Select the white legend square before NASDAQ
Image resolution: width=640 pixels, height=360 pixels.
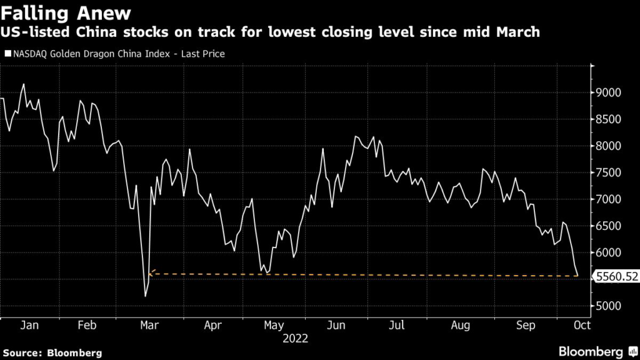pos(7,54)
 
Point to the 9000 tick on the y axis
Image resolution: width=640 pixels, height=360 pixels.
pos(608,93)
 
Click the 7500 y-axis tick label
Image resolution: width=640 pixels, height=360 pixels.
pos(608,173)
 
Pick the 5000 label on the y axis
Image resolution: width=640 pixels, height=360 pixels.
pos(608,306)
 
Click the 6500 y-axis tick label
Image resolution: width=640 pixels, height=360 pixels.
pos(608,226)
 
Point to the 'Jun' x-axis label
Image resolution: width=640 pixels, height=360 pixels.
pos(337,325)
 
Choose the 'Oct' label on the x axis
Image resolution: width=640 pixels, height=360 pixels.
pos(582,325)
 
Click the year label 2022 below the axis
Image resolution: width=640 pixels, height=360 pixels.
pos(295,339)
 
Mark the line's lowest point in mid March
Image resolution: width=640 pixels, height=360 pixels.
pos(146,296)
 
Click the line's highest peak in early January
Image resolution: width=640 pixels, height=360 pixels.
pos(24,84)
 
